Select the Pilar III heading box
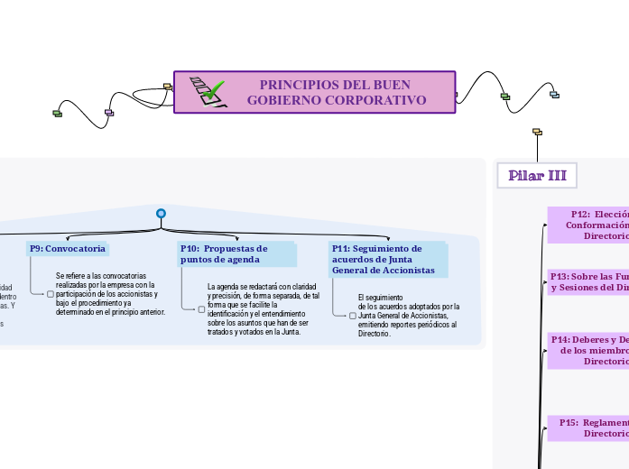coord(537,175)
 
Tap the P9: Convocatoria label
coord(68,248)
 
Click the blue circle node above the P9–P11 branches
coord(161,214)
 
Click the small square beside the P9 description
coord(51,293)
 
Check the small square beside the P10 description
coord(202,309)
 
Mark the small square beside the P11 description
coord(353,316)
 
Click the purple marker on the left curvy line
coord(109,113)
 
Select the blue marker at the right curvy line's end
coord(554,95)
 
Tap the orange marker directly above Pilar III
coord(537,132)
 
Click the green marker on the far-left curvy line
coord(58,113)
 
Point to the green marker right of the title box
coord(505,97)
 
